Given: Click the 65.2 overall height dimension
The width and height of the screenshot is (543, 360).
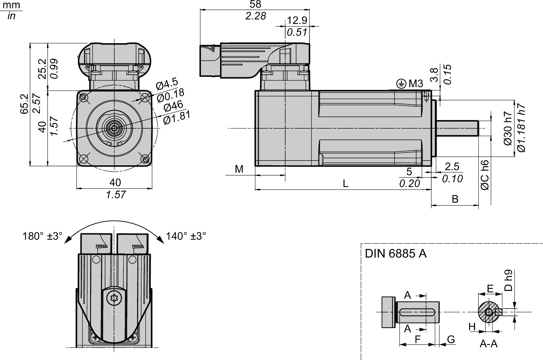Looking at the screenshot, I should (24, 104).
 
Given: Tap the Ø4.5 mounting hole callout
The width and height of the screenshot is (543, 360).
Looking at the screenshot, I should (167, 84).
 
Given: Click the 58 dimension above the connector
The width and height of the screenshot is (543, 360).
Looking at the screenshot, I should (255, 4).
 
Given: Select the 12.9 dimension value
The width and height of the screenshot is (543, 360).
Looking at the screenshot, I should (297, 20).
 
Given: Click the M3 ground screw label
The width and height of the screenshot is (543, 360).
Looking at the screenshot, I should (416, 84).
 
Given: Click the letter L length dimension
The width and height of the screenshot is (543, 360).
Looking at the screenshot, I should (345, 184).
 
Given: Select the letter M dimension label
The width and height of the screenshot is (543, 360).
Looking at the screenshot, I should (239, 169).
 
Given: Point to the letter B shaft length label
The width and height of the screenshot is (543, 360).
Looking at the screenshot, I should (455, 199).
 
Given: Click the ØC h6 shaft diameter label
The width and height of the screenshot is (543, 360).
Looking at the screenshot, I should (485, 175).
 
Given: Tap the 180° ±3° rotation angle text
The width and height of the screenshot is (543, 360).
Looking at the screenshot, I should (42, 236).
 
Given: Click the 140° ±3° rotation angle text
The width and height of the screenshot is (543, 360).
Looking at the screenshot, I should (186, 236).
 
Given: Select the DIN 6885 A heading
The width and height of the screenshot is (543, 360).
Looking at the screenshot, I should (396, 254).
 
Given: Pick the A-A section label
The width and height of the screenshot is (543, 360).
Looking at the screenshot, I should (489, 343).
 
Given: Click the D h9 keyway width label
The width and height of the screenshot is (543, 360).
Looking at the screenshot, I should (509, 281).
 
